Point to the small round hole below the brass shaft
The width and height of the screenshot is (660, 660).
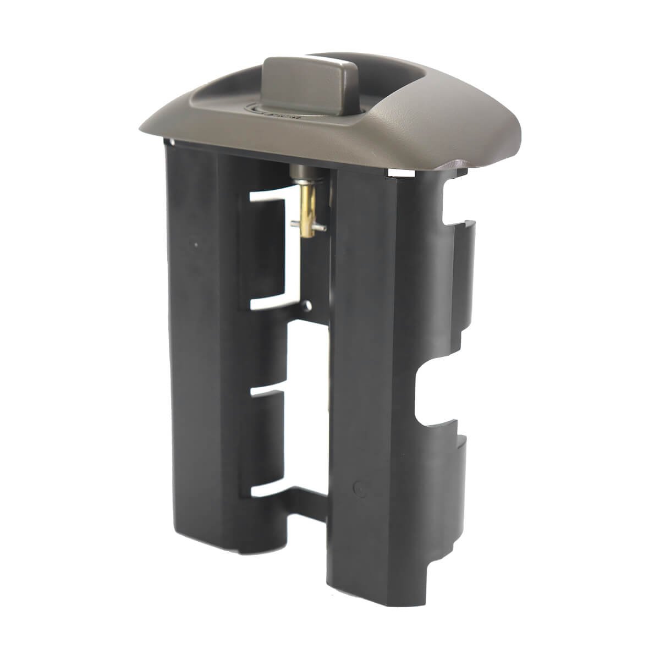click(x=309, y=304)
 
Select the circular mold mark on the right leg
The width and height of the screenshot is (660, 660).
click(x=359, y=487)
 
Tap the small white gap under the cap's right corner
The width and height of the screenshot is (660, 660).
click(x=399, y=173)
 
